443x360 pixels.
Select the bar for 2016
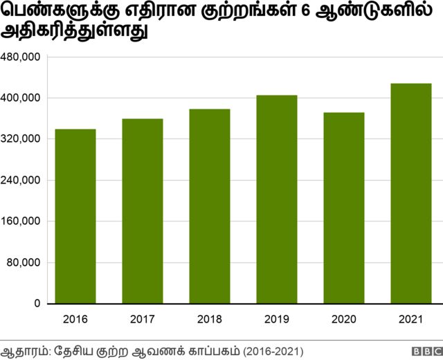pos(75,217)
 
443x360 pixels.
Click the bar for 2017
pos(143,211)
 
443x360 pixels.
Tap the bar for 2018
pos(210,206)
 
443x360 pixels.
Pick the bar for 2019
pos(277,199)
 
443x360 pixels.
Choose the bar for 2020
pos(344,208)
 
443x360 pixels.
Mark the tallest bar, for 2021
pos(411,194)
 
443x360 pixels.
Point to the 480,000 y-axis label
pos(21,57)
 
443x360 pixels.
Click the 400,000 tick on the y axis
pos(21,98)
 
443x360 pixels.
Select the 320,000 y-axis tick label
pos(21,139)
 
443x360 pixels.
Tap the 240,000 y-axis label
pos(21,181)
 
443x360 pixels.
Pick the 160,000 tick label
pos(21,222)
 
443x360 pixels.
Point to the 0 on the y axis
pos(37,304)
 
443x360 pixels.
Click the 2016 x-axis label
pos(75,320)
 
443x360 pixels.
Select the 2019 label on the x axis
pos(277,320)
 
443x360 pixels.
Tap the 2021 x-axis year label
pos(411,320)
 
